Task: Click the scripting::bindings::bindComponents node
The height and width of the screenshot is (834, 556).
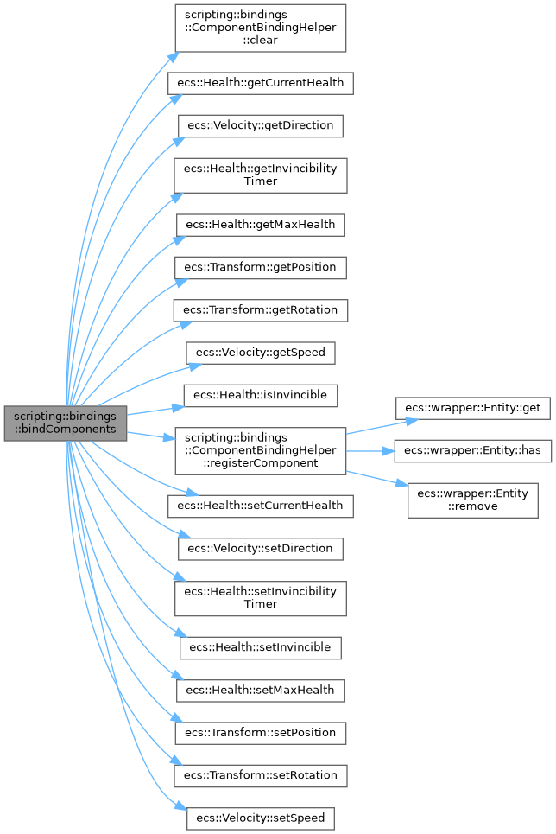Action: coord(65,423)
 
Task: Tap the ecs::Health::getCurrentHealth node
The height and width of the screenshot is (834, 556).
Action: coord(261,83)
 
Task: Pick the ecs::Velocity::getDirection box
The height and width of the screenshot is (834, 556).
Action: coord(261,125)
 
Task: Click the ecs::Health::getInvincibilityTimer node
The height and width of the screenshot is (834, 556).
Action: coord(261,175)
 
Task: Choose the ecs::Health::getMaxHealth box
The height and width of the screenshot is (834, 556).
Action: coord(261,225)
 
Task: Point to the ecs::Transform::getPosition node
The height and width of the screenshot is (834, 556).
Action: coord(261,267)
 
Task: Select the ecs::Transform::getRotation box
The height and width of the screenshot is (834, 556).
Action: coord(261,309)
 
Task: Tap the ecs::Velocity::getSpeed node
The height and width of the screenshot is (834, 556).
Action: coord(261,352)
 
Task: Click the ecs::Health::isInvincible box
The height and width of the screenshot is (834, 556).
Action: coord(261,394)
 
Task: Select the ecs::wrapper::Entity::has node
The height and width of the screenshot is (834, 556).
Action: coord(473,450)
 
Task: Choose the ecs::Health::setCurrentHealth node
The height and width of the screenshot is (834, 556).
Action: coord(261,506)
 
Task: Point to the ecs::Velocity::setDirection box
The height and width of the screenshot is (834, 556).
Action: coord(261,548)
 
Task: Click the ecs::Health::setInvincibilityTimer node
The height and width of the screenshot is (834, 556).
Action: coord(261,598)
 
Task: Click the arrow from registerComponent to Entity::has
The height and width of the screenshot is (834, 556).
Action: coord(370,450)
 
